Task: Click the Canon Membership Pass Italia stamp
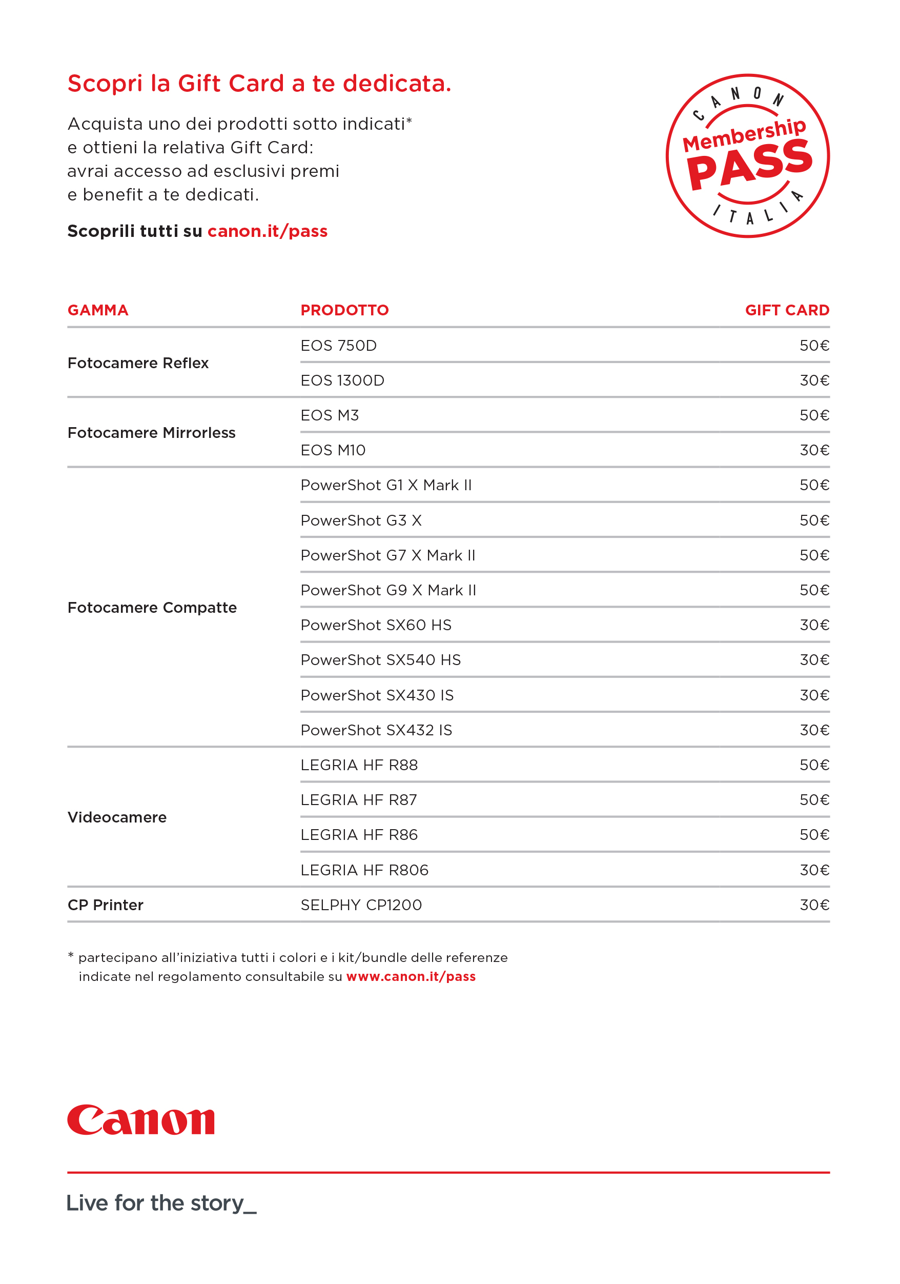(x=747, y=156)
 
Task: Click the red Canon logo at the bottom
(x=141, y=1120)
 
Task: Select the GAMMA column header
(x=98, y=310)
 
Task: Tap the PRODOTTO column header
(x=344, y=310)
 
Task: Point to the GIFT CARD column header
(x=787, y=310)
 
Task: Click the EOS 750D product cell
(x=339, y=346)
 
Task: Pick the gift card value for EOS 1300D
(x=814, y=381)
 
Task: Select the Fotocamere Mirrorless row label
(x=152, y=433)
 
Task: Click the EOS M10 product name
(x=333, y=450)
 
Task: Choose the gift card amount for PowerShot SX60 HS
(x=814, y=625)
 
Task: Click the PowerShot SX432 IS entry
(x=376, y=730)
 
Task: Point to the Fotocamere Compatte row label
(x=152, y=608)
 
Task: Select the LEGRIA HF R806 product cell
(x=364, y=870)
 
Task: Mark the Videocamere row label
(x=117, y=817)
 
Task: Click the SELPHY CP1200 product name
(x=361, y=906)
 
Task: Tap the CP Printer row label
(x=106, y=906)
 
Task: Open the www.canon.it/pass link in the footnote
(x=411, y=976)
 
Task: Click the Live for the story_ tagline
(x=161, y=1203)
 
